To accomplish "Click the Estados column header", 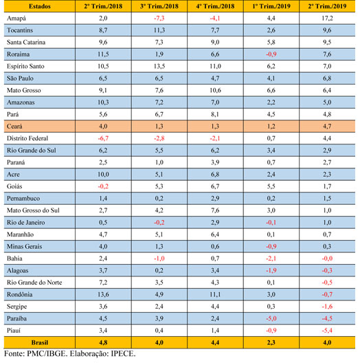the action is click(x=40, y=6).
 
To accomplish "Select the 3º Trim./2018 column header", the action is click(x=159, y=6).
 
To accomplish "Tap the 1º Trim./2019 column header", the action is click(x=271, y=6).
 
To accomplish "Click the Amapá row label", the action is click(x=16, y=19).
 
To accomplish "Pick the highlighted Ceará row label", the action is click(x=14, y=126).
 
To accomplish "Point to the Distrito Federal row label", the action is click(x=27, y=138).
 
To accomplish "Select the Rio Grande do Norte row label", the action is click(x=34, y=283).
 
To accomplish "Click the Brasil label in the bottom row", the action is click(x=40, y=342).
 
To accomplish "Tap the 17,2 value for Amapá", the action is click(x=327, y=19).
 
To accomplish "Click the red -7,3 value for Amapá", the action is click(x=159, y=19).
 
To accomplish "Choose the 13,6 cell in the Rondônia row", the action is click(x=103, y=294).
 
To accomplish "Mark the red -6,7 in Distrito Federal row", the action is click(x=103, y=138).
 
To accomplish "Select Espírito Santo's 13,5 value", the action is click(x=159, y=66).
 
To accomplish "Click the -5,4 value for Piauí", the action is click(x=327, y=331).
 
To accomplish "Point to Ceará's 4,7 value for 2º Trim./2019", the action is click(x=327, y=126).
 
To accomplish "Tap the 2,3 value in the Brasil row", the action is click(x=271, y=342).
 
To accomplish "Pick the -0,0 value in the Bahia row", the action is click(x=327, y=258).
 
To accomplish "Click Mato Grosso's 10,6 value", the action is click(x=215, y=90).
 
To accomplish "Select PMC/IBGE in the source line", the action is click(x=46, y=354).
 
